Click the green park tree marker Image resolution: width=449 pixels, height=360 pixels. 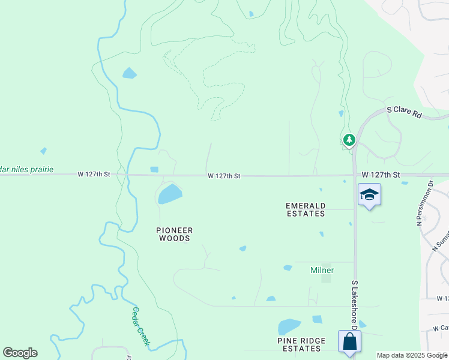point(349,140)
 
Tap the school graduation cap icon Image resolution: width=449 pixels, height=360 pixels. point(369,194)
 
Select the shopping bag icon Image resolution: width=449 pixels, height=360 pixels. point(349,341)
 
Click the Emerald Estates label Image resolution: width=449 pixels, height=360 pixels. point(306,209)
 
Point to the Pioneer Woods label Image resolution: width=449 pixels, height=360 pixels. point(175,234)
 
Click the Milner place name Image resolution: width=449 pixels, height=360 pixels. point(322,270)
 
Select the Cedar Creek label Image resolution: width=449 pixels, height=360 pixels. point(140,327)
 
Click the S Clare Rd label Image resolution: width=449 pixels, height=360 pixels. point(405,110)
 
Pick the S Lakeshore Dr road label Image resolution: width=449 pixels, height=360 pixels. point(354,304)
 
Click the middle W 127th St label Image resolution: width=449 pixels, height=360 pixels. point(224,176)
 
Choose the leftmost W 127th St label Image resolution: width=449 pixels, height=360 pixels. point(94,174)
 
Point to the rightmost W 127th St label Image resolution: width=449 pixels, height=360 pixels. point(381,174)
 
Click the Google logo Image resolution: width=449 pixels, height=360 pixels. point(20,353)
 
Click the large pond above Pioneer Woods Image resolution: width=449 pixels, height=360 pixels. point(170,194)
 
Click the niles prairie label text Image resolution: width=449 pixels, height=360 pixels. point(27,170)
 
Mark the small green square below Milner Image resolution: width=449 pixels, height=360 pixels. point(326,278)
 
